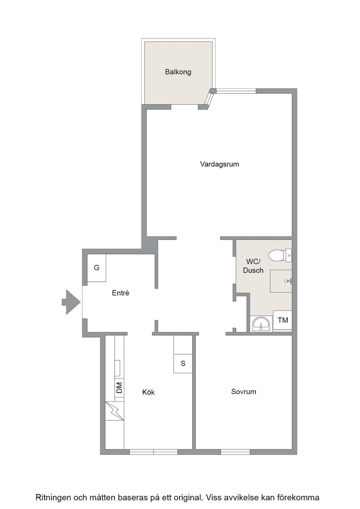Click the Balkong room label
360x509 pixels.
coord(178,72)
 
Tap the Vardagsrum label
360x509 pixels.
coord(220,164)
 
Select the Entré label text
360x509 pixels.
coord(120,293)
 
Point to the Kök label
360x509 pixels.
coord(148,392)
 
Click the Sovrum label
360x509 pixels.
coord(244,391)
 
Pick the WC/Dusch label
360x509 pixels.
coord(253,266)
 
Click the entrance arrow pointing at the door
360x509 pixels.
coord(71,302)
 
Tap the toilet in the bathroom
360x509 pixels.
coord(280,255)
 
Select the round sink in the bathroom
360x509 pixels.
coord(261,324)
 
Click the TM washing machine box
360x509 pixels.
coord(282,320)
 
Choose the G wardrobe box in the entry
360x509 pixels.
coord(97,268)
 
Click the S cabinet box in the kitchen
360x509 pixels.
coord(183,363)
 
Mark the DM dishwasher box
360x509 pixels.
coord(119,388)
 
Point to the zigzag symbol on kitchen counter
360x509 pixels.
coord(115,411)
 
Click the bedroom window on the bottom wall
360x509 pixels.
coord(235,452)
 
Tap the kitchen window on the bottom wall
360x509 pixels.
coord(154,452)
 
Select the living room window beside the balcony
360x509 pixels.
coord(236,91)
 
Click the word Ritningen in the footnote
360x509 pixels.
coord(53,498)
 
